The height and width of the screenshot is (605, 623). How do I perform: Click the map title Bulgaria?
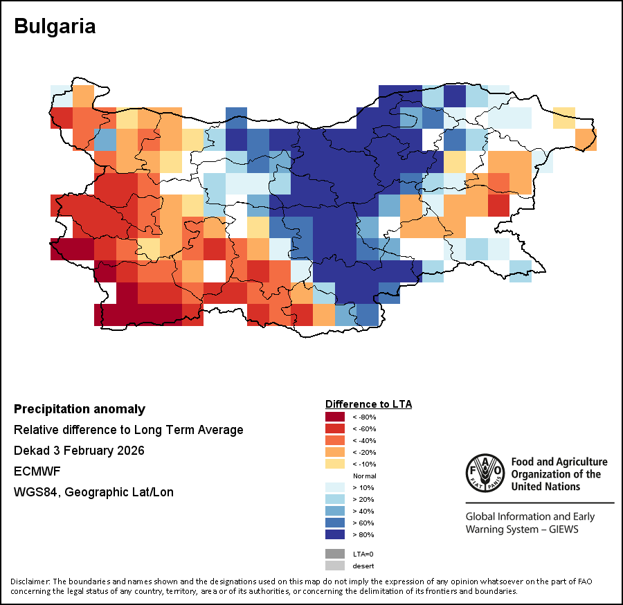click(x=55, y=27)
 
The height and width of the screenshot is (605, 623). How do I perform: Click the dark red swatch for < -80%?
click(x=335, y=417)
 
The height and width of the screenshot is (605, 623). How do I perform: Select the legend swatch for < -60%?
click(x=335, y=428)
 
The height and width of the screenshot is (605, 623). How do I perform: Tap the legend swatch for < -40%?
click(x=335, y=440)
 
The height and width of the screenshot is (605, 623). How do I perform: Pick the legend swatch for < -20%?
click(x=335, y=452)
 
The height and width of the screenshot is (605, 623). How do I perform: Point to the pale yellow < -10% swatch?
click(x=335, y=464)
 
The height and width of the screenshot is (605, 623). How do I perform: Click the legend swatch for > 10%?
click(x=335, y=488)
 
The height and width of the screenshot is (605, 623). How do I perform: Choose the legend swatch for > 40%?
click(x=335, y=512)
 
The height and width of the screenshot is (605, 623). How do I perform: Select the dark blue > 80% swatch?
click(x=335, y=535)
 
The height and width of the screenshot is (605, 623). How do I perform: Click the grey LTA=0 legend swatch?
click(x=335, y=554)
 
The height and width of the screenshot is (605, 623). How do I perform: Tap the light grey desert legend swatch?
click(x=335, y=566)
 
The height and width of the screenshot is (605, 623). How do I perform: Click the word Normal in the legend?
click(x=364, y=476)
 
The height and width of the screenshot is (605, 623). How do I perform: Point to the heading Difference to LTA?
click(x=368, y=404)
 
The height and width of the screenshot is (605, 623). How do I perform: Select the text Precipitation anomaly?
click(x=80, y=409)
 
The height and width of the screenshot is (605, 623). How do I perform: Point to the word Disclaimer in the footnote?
click(x=30, y=581)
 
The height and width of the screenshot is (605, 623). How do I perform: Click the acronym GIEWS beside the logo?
click(x=557, y=530)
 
